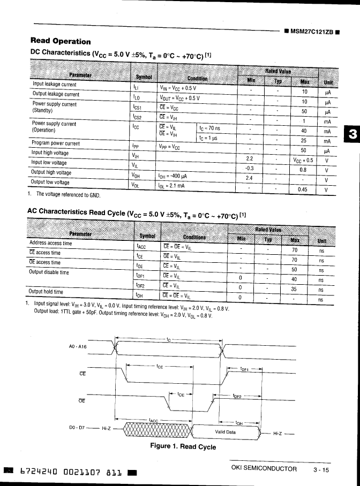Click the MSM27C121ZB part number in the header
tap(312, 31)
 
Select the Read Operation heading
tap(61, 41)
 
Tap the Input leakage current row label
tap(55, 83)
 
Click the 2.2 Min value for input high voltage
tap(249, 159)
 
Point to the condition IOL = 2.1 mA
tap(171, 186)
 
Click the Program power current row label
tap(56, 143)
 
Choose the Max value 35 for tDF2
tap(294, 290)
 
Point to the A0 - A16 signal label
tap(79, 346)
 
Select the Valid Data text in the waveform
tap(225, 431)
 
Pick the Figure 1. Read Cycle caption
tap(183, 446)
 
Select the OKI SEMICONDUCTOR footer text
tap(264, 468)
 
